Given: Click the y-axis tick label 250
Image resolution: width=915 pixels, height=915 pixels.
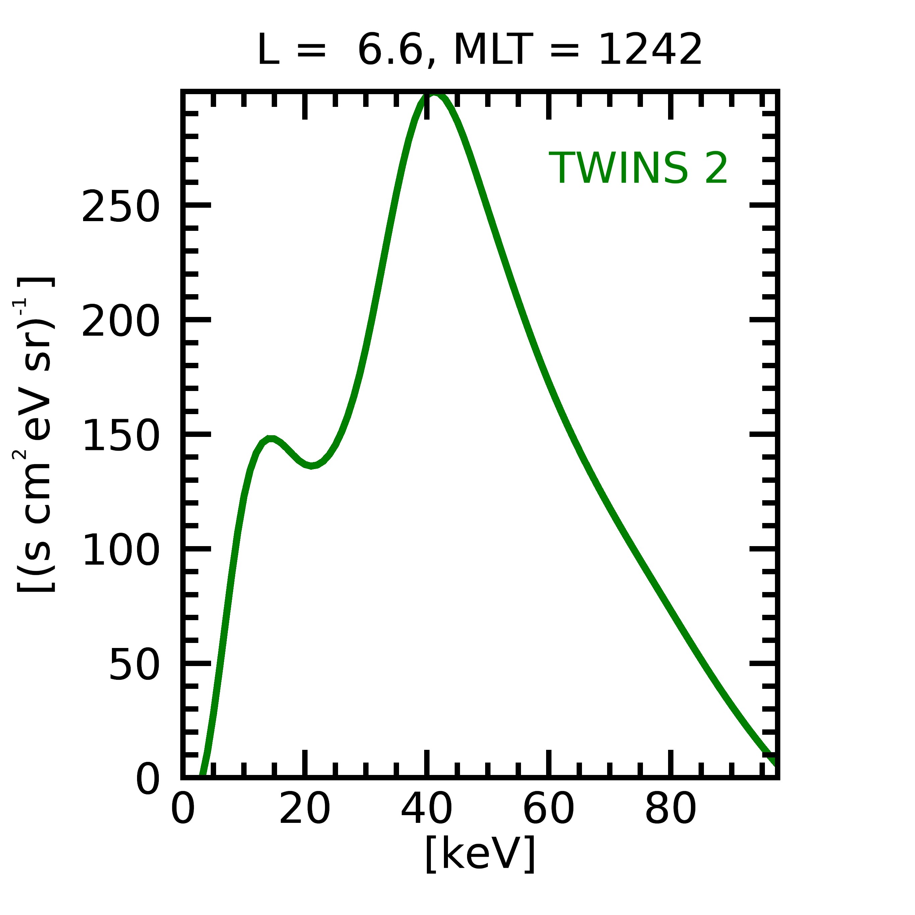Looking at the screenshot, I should pos(120,207).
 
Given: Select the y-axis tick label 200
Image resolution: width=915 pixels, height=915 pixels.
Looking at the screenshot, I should pos(120,322).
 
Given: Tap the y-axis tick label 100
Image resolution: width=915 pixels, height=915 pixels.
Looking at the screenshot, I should pos(120,551).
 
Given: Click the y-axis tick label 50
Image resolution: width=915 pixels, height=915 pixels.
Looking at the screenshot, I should pos(134,665).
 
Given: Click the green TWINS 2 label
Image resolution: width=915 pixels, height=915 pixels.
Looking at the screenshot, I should pos(638,169).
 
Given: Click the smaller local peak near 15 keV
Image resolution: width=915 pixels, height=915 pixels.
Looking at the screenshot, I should pos(270,440).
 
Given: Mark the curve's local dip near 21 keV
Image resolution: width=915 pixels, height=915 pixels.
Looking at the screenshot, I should pos(311,466).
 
